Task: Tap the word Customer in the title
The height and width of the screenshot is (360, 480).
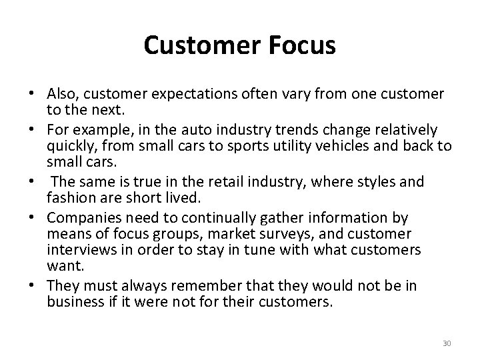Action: point(201,45)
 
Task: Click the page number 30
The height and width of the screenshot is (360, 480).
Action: point(447,343)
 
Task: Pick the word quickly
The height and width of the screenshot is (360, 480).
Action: point(69,146)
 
